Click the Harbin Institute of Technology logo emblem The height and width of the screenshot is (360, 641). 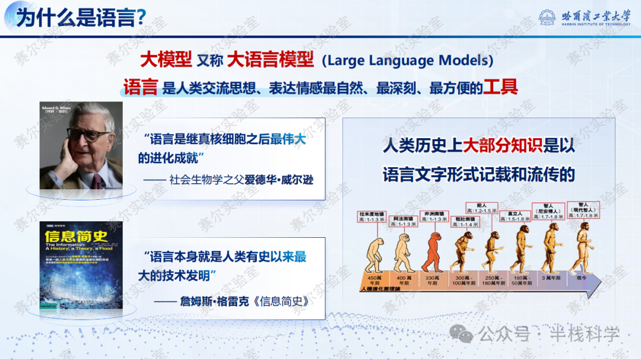(x=548, y=17)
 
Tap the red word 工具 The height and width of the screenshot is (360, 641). (x=500, y=88)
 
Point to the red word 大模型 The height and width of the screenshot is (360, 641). (x=166, y=59)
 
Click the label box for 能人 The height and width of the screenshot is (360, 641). (x=481, y=208)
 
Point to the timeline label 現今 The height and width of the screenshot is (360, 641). (x=580, y=278)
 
